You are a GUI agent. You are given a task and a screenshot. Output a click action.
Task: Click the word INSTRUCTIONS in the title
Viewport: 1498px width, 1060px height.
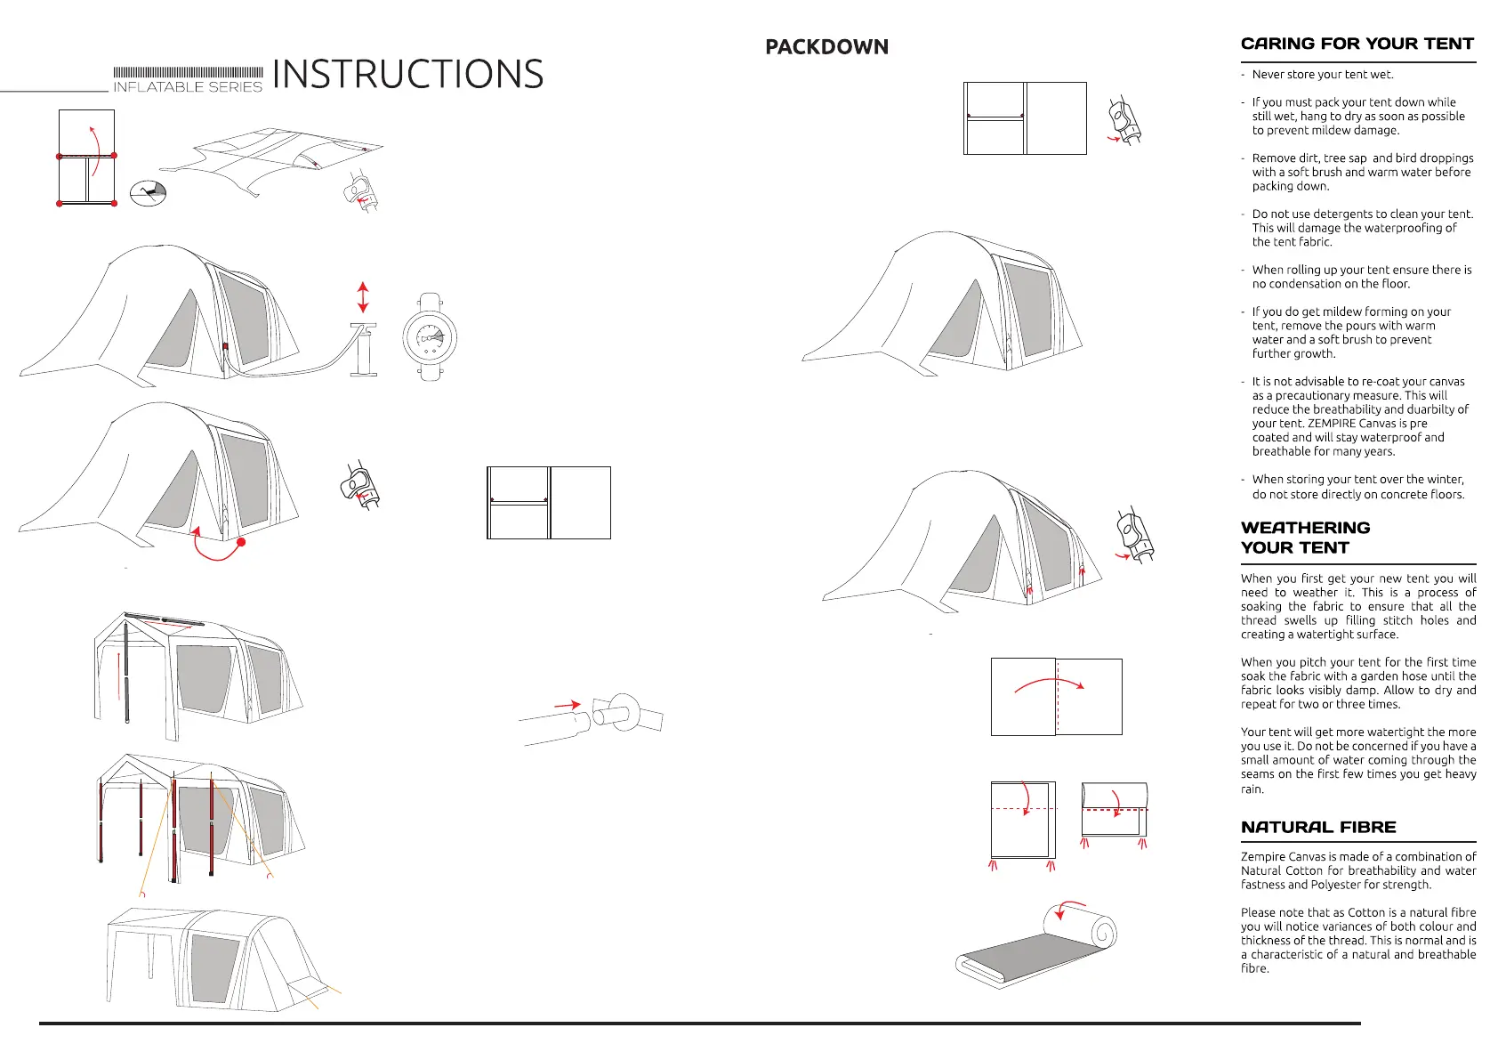(x=408, y=74)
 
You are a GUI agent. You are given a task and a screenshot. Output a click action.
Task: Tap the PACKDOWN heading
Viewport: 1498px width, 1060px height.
(x=826, y=47)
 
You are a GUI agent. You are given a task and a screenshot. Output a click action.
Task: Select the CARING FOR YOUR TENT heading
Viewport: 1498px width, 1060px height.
(x=1357, y=44)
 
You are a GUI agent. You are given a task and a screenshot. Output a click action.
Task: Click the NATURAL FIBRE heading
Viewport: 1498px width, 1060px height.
(x=1318, y=827)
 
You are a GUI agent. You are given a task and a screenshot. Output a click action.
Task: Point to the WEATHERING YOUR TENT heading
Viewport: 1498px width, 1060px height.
(x=1305, y=538)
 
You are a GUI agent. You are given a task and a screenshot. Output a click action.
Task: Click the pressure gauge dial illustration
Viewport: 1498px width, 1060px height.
(x=430, y=339)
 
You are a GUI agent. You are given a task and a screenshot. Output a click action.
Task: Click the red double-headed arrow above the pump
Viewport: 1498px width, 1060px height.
(x=363, y=297)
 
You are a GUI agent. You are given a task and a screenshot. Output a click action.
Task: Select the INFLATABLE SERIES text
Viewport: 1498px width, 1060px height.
(x=188, y=87)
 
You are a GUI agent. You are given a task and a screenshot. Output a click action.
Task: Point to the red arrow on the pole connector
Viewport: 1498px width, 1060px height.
(x=568, y=705)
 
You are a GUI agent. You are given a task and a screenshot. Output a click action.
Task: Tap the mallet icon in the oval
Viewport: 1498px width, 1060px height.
(x=149, y=192)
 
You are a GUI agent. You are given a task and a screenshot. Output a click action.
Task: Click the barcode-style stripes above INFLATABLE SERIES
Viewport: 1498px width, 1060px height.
(x=188, y=73)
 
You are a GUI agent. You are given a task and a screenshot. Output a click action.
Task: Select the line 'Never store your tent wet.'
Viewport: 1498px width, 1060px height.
(x=1323, y=75)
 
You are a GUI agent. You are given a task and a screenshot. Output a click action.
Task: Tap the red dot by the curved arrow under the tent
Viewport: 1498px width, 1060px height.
(x=241, y=542)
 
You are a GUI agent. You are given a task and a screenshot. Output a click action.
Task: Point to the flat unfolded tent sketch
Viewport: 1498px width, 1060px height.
(x=271, y=161)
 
